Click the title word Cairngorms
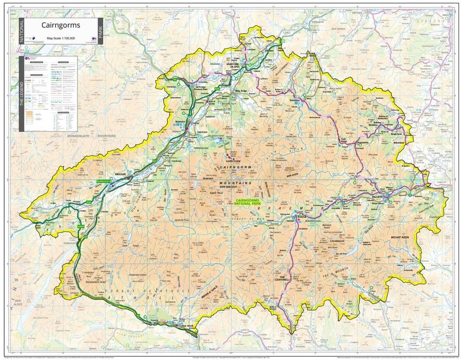click(x=61, y=25)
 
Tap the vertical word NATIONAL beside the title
click(x=21, y=31)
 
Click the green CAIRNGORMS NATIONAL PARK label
click(x=251, y=201)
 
